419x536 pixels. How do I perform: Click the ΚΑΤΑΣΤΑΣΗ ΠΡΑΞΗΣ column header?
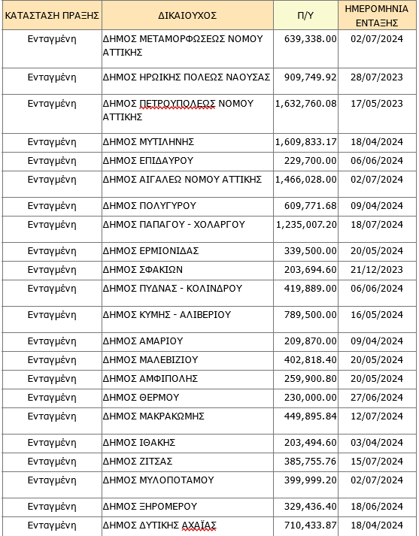(52, 14)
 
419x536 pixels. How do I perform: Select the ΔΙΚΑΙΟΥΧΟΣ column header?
(187, 14)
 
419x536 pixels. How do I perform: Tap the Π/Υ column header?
(305, 14)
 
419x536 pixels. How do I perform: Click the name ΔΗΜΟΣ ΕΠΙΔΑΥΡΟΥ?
(148, 160)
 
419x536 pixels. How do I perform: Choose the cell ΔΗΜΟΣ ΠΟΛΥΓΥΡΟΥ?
(150, 205)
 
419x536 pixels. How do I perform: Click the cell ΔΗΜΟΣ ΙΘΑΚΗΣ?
(141, 442)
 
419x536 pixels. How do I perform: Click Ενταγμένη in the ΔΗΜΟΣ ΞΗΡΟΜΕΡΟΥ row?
(52, 506)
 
